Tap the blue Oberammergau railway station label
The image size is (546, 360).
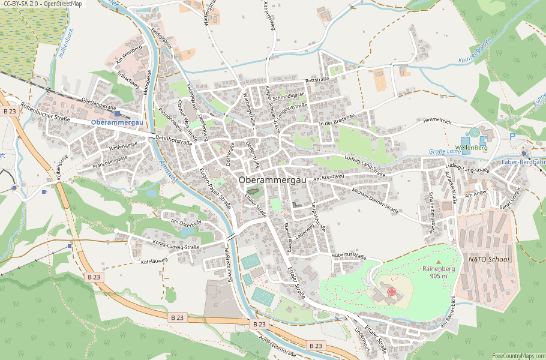click(117, 122)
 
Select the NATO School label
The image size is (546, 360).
click(488, 259)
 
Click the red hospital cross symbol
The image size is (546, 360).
click(391, 292)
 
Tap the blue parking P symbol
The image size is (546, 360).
click(512, 136)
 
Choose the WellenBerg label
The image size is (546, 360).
click(472, 147)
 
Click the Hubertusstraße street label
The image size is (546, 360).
click(348, 256)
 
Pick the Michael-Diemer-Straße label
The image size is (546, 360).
click(376, 200)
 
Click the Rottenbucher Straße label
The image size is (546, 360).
click(45, 111)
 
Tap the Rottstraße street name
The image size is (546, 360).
click(318, 80)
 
